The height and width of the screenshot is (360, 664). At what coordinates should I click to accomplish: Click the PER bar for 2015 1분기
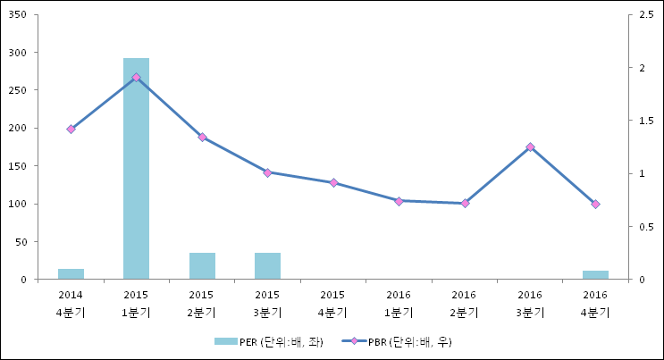[x=136, y=168]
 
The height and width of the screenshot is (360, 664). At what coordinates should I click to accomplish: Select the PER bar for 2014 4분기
[x=71, y=273]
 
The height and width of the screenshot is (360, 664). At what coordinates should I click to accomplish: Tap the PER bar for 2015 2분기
[x=202, y=265]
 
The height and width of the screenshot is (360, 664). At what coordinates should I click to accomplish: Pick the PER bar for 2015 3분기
[x=267, y=265]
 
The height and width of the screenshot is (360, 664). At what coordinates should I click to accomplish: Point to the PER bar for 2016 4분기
[x=595, y=274]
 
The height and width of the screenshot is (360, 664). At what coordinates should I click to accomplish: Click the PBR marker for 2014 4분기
[x=71, y=129]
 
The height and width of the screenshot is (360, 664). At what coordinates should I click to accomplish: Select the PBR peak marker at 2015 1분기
[x=136, y=78]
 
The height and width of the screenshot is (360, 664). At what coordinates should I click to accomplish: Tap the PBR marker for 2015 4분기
[x=333, y=182]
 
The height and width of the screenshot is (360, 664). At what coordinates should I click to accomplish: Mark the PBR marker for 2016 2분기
[x=464, y=203]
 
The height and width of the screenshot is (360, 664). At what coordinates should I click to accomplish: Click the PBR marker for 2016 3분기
[x=530, y=147]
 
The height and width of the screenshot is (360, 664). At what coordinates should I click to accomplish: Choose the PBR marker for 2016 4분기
[x=595, y=204]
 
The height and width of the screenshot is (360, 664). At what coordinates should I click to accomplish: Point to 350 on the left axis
[x=17, y=14]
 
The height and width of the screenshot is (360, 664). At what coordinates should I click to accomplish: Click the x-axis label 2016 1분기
[x=399, y=303]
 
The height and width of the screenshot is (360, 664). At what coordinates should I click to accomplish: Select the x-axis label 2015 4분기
[x=333, y=303]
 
